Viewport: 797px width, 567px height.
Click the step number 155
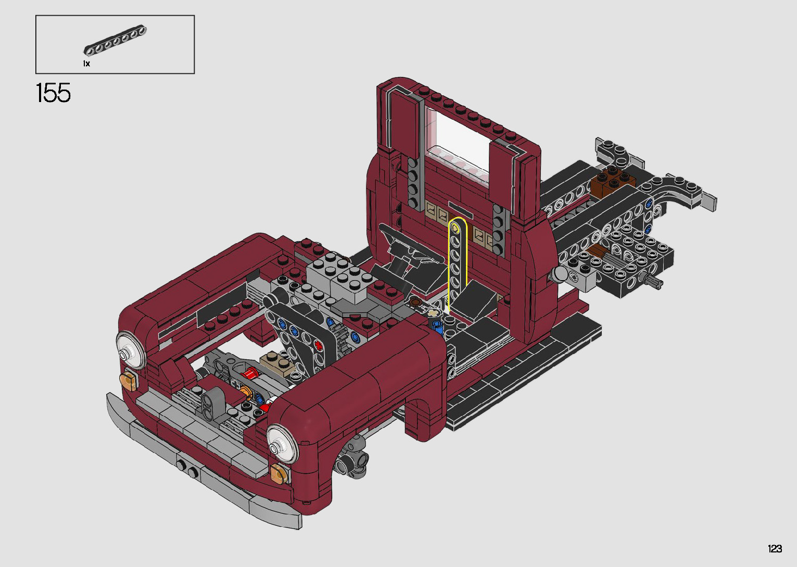click(54, 93)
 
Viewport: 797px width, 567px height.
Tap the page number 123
click(775, 549)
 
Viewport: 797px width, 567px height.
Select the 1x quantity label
click(86, 64)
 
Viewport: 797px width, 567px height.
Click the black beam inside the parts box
click(115, 40)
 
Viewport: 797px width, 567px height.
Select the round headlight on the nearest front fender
click(282, 444)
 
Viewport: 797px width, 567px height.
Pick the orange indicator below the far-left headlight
click(129, 380)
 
